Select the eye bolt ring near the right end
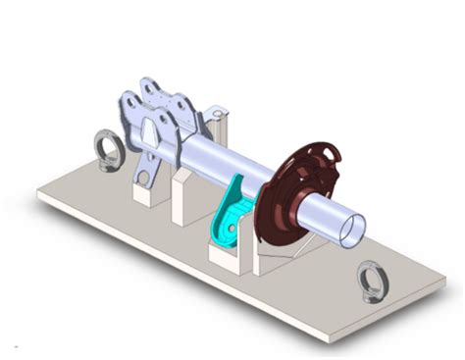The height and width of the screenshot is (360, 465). tap(373, 281)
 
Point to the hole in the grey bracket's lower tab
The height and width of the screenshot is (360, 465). tap(144, 177)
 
